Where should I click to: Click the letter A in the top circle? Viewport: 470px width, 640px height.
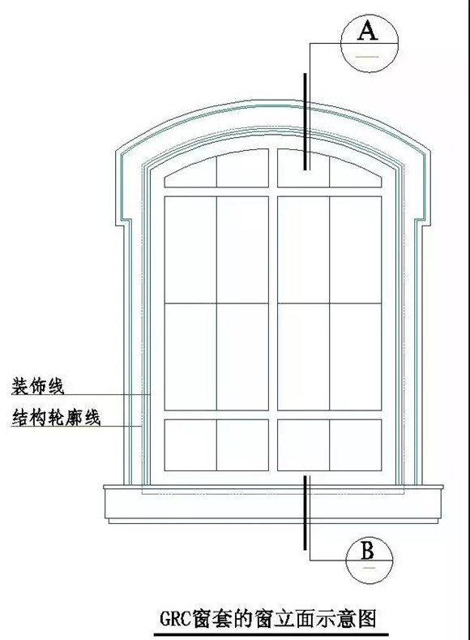click(x=368, y=31)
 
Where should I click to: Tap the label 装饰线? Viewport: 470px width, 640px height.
click(x=37, y=386)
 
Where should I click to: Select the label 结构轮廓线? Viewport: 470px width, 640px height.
click(x=56, y=418)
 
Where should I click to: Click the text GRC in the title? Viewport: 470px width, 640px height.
click(x=175, y=619)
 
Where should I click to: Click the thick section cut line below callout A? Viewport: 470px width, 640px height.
click(x=305, y=121)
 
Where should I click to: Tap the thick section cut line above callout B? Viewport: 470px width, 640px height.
click(x=305, y=513)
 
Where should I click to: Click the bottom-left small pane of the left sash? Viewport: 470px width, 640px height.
click(x=190, y=445)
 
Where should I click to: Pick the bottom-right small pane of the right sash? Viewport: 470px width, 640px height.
click(x=356, y=445)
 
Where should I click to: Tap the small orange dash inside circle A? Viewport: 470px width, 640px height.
click(x=368, y=56)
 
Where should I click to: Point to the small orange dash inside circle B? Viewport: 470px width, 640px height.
click(x=369, y=568)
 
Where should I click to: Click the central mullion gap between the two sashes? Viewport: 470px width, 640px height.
click(x=273, y=310)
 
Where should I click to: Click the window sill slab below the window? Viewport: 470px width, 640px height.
click(x=273, y=504)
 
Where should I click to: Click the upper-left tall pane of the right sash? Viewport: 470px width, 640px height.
click(x=303, y=250)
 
